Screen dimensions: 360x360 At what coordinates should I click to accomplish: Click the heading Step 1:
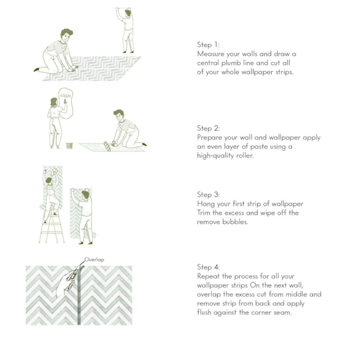[208, 44]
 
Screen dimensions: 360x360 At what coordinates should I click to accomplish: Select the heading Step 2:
[208, 128]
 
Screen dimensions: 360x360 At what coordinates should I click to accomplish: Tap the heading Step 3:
[208, 194]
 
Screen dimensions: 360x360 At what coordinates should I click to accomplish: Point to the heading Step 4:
[208, 267]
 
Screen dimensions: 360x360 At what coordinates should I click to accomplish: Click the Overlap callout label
[94, 260]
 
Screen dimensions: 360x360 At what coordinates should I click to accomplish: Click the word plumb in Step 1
[231, 63]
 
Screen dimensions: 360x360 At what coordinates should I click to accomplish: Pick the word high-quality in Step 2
[215, 156]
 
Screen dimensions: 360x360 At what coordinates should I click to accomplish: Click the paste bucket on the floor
[69, 146]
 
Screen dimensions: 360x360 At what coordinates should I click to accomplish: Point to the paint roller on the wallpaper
[107, 147]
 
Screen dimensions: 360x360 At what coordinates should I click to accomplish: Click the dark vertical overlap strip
[79, 296]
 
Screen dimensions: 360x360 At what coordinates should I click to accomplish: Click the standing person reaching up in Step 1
[126, 30]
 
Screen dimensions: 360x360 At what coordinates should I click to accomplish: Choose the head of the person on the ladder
[49, 181]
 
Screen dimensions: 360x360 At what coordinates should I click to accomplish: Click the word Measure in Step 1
[210, 54]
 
